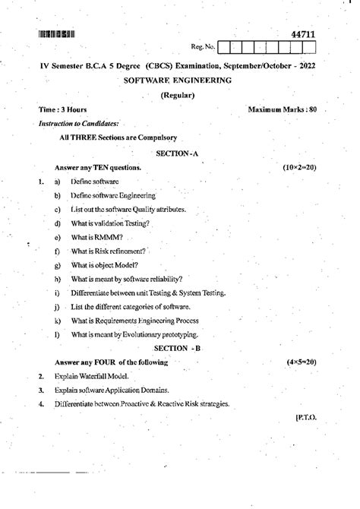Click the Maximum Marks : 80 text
click(282, 110)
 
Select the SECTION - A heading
click(177, 153)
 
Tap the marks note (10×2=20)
click(299, 166)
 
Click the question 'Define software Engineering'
click(112, 195)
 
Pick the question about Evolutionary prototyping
click(134, 334)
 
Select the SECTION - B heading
click(178, 347)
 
